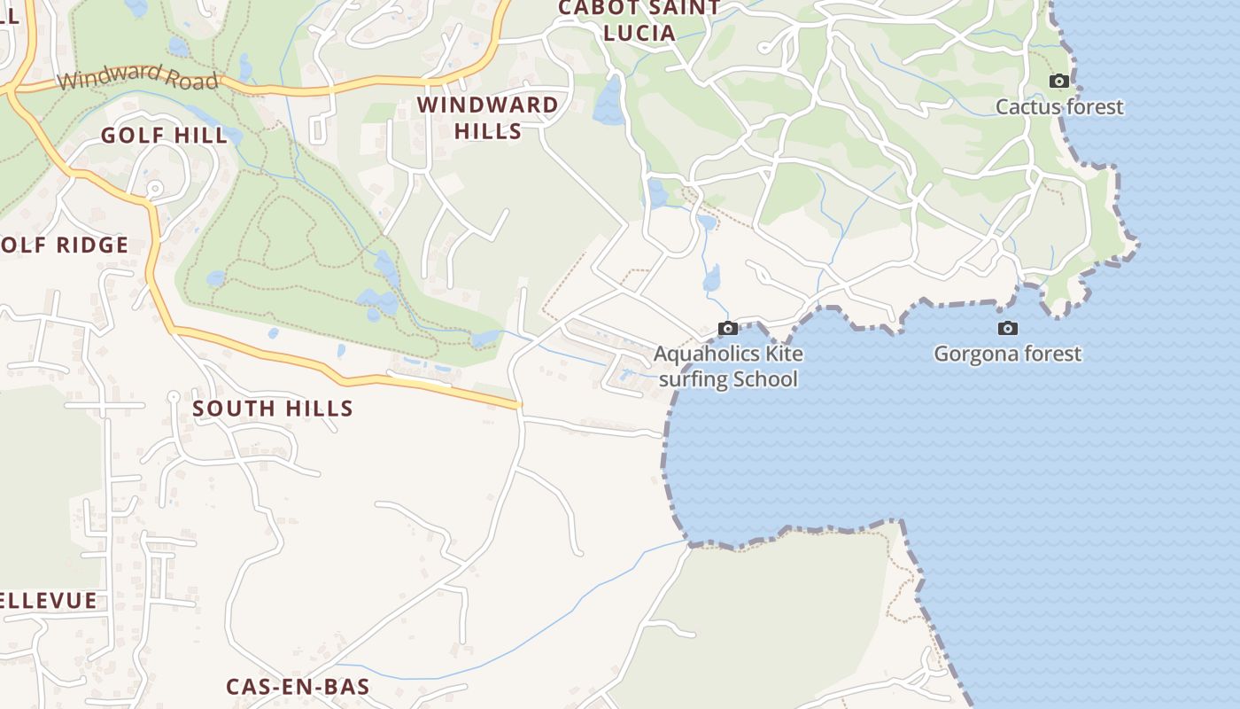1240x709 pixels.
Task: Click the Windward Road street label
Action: (x=137, y=77)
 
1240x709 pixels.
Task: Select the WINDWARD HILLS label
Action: (x=487, y=118)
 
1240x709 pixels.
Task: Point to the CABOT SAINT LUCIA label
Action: (x=639, y=20)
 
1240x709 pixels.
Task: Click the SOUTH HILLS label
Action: (x=273, y=409)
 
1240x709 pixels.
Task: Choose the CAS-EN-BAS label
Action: (x=298, y=687)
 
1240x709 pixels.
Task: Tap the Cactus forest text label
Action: (x=1059, y=107)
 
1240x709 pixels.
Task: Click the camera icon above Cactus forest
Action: (x=1058, y=82)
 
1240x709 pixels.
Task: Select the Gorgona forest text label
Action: (x=1007, y=354)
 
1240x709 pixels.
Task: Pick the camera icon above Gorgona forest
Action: (x=1007, y=329)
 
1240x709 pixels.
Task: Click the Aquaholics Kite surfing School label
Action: (x=728, y=367)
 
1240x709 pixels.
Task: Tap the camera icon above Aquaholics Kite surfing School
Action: (x=728, y=329)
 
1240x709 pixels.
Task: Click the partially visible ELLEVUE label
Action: (x=49, y=601)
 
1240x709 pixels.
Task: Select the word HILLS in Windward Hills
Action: (x=487, y=131)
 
